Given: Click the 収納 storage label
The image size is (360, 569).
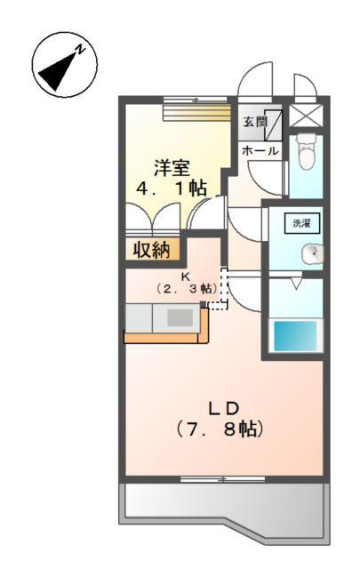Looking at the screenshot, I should (x=152, y=250).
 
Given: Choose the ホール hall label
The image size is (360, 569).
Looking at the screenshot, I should (x=260, y=151).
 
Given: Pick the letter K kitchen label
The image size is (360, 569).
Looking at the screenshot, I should (x=187, y=276).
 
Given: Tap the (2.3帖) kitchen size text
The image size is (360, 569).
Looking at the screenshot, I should (x=187, y=289).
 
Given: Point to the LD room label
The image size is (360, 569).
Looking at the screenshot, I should (x=223, y=408).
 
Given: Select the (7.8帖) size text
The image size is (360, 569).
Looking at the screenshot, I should (x=223, y=429).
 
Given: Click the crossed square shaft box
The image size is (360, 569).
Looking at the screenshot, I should (x=308, y=117).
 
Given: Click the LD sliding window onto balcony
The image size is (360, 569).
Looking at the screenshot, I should (x=222, y=480).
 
